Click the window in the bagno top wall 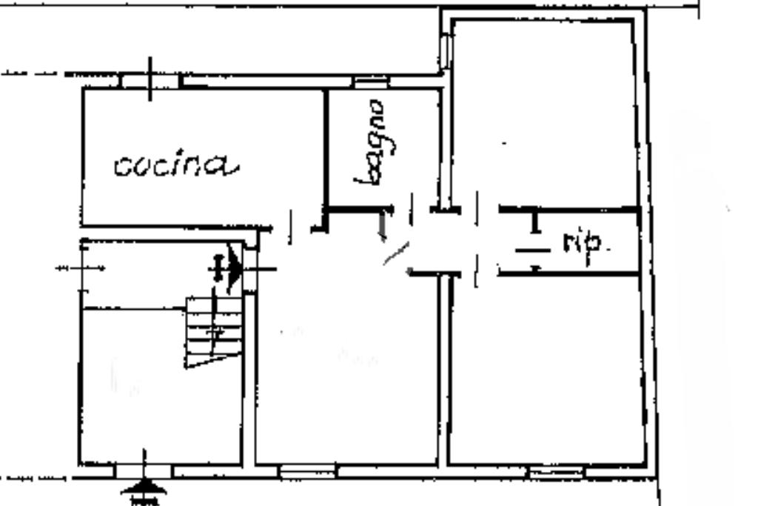pos(366,82)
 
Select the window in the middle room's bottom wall pos(307,470)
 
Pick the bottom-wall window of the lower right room pos(554,470)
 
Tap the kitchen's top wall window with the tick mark pos(150,80)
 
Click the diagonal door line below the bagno pos(395,254)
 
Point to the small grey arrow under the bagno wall pos(383,226)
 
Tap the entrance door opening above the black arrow pos(144,470)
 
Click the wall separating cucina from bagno pos(325,148)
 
